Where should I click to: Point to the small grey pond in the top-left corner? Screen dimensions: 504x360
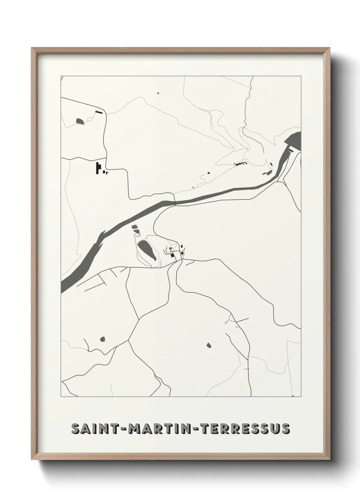80,121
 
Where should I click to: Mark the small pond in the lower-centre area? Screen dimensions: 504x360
209,345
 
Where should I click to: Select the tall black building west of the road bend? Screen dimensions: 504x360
98,168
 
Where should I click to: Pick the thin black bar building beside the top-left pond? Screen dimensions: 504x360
99,111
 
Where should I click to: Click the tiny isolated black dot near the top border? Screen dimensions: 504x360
158,92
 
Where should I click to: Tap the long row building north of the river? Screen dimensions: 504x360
240,164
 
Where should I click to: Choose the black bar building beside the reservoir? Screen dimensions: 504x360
291,150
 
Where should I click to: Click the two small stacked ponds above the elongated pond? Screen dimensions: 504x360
136,230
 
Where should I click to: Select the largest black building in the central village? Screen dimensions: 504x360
173,255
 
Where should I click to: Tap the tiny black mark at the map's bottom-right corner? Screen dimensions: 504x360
293,396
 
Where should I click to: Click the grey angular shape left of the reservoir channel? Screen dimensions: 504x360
267,173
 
